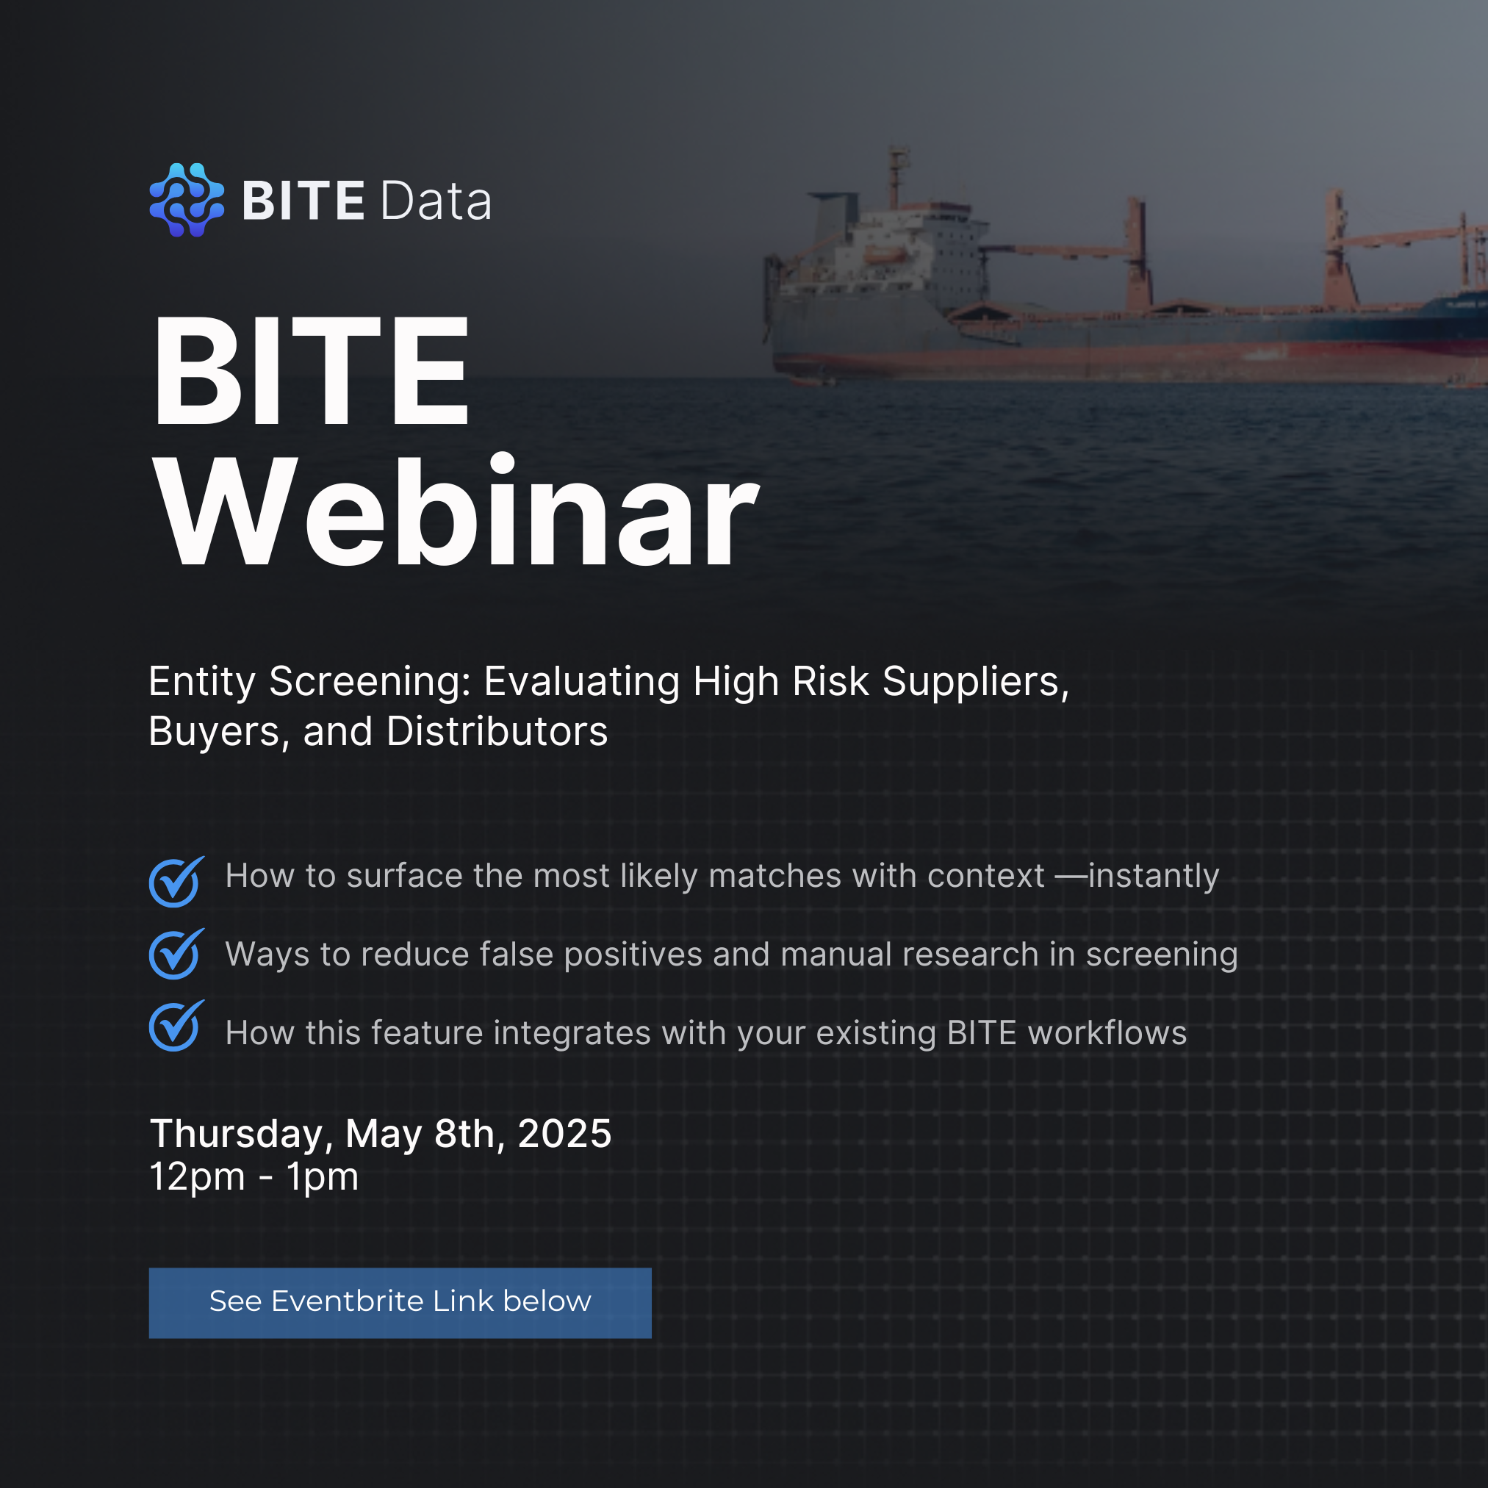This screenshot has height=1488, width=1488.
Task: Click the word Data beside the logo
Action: [x=435, y=202]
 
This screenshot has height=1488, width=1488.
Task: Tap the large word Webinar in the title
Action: [x=456, y=511]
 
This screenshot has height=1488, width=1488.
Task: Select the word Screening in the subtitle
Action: [x=370, y=683]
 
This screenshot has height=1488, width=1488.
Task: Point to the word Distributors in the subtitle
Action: [x=497, y=731]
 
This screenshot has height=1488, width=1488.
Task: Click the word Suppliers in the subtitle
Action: [x=976, y=683]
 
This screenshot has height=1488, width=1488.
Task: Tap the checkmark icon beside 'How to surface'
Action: [x=176, y=881]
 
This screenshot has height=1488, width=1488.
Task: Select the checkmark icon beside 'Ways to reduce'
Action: [x=176, y=954]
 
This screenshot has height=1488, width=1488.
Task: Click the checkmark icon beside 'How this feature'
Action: [x=176, y=1025]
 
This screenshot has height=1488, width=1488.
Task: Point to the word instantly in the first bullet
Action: [x=1154, y=877]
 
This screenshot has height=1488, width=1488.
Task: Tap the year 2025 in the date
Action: [x=564, y=1134]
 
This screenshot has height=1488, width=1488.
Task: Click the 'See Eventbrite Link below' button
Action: [x=400, y=1303]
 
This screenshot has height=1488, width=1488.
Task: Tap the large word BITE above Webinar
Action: [x=311, y=370]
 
